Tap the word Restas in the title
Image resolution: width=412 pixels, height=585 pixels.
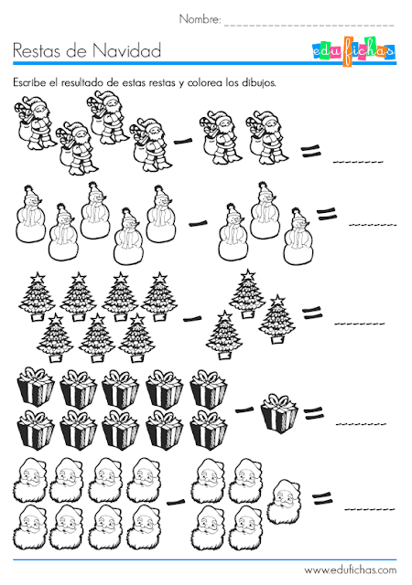[37, 51]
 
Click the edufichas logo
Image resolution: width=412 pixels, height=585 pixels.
[353, 51]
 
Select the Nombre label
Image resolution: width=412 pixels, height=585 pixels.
[201, 19]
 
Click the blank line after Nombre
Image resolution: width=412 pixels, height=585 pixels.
[309, 25]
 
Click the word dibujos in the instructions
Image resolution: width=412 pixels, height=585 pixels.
[259, 83]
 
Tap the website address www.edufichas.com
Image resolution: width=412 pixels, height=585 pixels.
[351, 570]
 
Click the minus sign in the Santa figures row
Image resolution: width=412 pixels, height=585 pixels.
[183, 141]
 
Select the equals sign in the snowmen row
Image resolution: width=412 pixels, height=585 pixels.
[326, 214]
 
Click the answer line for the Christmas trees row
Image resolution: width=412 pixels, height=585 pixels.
[359, 323]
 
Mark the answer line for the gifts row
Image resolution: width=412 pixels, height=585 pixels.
[361, 424]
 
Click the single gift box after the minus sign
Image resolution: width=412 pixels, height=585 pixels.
[279, 412]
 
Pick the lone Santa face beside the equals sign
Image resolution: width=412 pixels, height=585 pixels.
[284, 502]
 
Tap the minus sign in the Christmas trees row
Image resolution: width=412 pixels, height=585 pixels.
[192, 319]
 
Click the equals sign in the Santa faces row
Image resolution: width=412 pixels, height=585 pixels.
[322, 499]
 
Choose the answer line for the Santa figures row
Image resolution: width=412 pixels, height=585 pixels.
[358, 162]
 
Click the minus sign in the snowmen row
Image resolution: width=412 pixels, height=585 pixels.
[198, 224]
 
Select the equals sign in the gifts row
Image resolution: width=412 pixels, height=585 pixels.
[313, 413]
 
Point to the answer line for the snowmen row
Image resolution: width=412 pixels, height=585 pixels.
[372, 225]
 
